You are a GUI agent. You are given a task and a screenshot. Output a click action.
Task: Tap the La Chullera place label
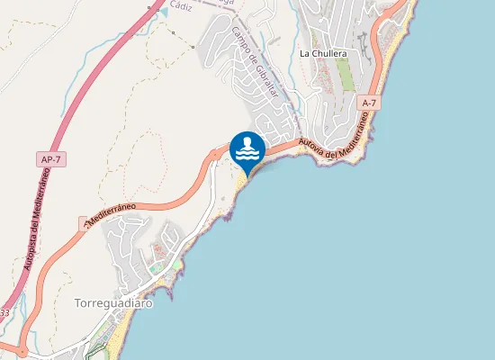(323, 53)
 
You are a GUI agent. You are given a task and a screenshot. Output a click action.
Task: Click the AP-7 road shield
(52, 159)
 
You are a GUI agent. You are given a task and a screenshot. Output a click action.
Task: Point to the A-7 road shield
(368, 104)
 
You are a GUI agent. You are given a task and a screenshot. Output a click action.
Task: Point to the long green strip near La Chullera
(346, 77)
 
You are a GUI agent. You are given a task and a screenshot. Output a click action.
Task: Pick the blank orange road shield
(87, 220)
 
